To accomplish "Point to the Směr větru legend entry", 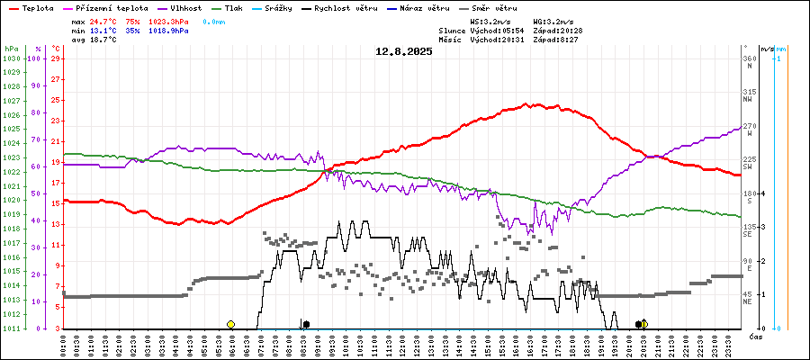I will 499,7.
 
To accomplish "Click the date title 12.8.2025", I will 404,51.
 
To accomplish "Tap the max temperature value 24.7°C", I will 104,20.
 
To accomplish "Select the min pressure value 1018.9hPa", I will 170,31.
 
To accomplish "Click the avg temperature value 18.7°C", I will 104,41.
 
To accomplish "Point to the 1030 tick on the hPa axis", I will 11,58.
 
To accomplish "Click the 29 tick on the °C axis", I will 56,58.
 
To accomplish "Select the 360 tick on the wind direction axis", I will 749,58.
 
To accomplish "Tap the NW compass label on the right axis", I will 748,101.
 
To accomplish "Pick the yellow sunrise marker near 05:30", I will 230,324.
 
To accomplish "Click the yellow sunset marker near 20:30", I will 644,324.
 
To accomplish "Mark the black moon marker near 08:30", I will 306,324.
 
